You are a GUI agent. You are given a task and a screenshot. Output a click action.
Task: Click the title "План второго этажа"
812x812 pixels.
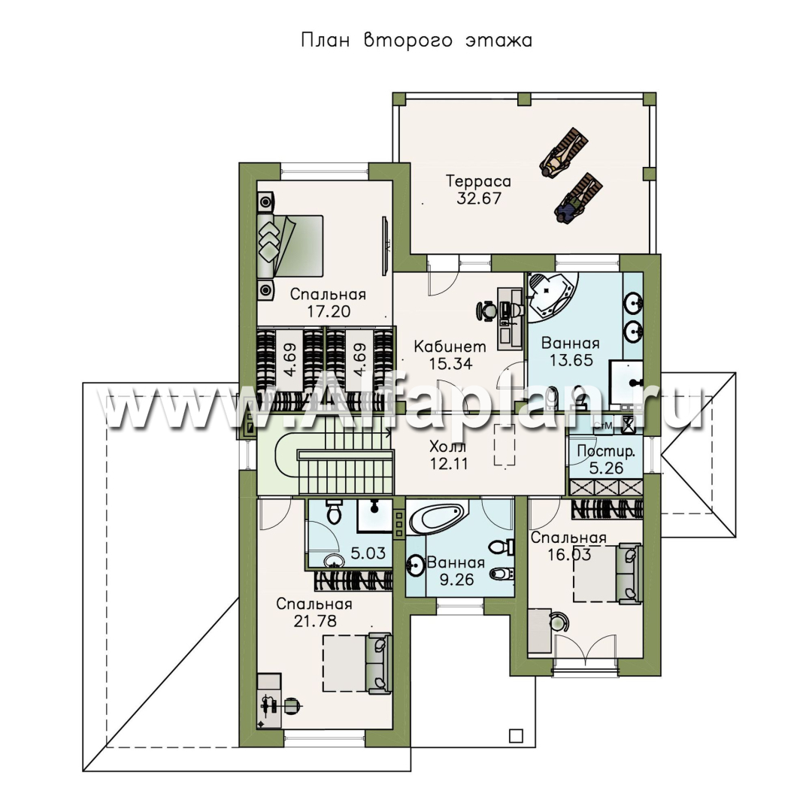pyautogui.click(x=417, y=41)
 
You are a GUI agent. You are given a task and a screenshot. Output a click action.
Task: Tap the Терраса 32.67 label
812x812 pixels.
pyautogui.click(x=478, y=189)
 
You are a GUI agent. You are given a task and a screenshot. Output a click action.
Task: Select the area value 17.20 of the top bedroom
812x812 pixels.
pyautogui.click(x=328, y=311)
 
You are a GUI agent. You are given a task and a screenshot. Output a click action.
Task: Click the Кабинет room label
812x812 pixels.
pyautogui.click(x=450, y=347)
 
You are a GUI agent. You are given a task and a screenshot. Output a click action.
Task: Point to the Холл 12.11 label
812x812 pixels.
pyautogui.click(x=448, y=455)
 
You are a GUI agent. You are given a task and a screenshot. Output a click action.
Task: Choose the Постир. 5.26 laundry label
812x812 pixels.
pyautogui.click(x=606, y=459)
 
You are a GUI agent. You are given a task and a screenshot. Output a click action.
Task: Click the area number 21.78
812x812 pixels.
pyautogui.click(x=315, y=620)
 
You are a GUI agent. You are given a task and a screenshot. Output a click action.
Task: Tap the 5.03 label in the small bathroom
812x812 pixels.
pyautogui.click(x=368, y=553)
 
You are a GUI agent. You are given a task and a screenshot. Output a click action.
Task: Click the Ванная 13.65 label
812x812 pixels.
pyautogui.click(x=571, y=352)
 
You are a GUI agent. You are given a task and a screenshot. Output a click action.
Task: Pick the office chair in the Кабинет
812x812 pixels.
pyautogui.click(x=486, y=311)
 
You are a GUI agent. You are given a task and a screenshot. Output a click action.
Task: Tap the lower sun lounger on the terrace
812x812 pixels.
pyautogui.click(x=577, y=198)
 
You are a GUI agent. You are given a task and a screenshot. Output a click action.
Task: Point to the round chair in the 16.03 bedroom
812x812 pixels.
pyautogui.click(x=560, y=621)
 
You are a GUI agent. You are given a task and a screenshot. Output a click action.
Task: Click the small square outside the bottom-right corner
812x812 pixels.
pyautogui.click(x=516, y=735)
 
